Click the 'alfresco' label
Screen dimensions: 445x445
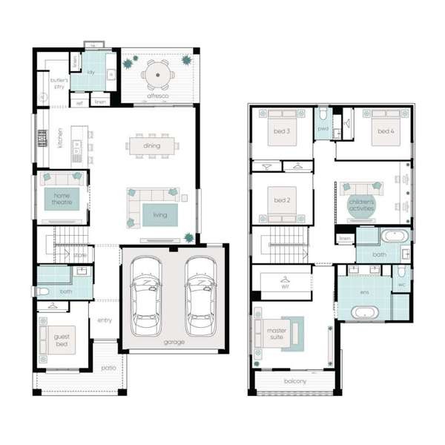click(x=156, y=96)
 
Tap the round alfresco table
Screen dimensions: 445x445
click(x=156, y=74)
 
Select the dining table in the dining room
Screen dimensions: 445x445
click(x=151, y=145)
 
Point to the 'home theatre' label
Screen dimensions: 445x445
click(x=60, y=199)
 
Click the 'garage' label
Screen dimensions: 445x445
click(x=174, y=342)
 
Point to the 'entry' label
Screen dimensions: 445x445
click(x=105, y=320)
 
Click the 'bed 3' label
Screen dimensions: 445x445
click(x=281, y=131)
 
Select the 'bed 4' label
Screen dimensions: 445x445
click(x=385, y=131)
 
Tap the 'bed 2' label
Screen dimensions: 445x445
click(x=281, y=200)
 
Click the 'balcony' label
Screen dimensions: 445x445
click(x=294, y=383)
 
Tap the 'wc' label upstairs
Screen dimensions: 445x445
click(x=401, y=284)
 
